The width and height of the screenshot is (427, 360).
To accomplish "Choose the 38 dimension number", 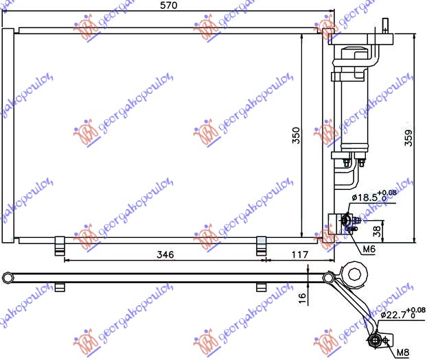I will pos(377,230).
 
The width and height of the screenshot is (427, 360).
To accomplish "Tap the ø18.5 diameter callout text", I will pos(367,199).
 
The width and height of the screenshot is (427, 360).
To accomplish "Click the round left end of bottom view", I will pos(8,277).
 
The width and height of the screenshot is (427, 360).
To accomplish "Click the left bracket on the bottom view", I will pos(60,285).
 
